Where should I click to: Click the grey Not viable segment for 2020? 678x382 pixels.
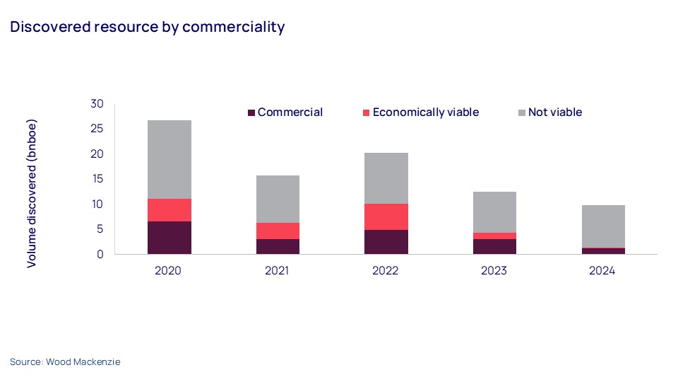(169, 159)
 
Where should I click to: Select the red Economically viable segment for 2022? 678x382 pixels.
(386, 216)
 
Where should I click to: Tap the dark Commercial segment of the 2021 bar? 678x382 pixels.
(278, 246)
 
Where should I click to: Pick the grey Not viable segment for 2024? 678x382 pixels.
(603, 226)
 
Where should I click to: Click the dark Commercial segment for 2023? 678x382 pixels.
(494, 246)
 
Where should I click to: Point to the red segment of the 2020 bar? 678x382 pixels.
(169, 210)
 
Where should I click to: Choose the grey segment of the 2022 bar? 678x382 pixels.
(386, 178)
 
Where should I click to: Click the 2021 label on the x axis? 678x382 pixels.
(278, 271)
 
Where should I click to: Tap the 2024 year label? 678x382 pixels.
(603, 271)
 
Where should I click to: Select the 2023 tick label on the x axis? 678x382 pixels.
(494, 271)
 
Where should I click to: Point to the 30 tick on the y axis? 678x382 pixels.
(97, 104)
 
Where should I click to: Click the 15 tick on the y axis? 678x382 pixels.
(97, 179)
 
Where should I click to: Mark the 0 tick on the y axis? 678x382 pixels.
(100, 254)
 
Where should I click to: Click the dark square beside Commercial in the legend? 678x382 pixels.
(251, 112)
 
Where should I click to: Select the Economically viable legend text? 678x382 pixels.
(425, 112)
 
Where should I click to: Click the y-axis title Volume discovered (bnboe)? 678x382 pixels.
(32, 193)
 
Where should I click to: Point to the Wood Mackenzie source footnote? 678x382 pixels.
(65, 361)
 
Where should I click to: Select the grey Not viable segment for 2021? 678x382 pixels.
(278, 199)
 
